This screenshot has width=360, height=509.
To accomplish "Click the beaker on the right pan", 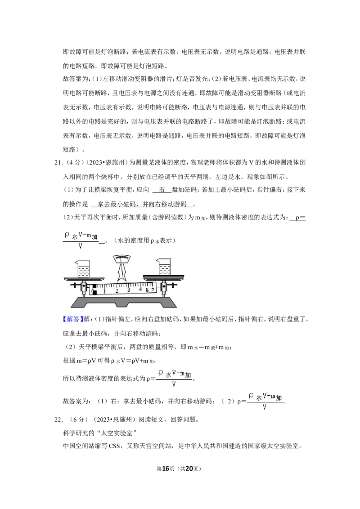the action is (164, 267).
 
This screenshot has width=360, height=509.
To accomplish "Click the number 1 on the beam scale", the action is (104, 291).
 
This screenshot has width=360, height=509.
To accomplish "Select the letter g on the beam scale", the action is (147, 289).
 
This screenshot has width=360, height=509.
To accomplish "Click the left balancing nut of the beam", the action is (74, 286).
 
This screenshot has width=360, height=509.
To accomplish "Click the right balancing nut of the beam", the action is (173, 286).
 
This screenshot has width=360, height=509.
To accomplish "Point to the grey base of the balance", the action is (123, 302).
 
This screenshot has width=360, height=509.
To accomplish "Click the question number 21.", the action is (58, 163).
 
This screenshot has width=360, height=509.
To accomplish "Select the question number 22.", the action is (58, 420).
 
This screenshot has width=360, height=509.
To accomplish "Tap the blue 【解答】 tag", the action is (73, 319).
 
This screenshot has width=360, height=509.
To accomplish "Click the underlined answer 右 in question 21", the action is (162, 190).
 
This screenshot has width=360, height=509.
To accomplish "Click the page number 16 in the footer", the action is (166, 469).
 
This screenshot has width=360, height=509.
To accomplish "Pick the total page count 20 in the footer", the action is (189, 469).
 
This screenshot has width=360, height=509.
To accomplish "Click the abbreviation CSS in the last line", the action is (114, 446).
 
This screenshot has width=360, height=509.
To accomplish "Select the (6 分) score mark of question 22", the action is (79, 420).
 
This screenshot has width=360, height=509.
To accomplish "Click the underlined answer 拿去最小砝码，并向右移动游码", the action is (142, 204).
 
